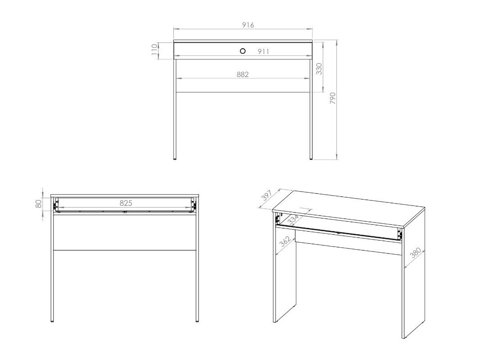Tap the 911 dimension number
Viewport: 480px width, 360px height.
[263, 52]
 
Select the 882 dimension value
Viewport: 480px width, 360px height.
[243, 74]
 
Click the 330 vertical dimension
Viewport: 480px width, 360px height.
[319, 68]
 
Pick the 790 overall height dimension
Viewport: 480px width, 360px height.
[333, 98]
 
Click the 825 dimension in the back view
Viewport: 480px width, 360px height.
[126, 203]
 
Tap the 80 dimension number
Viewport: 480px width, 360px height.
[39, 204]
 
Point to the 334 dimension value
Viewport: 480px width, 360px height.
[293, 219]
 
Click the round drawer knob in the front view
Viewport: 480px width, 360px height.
[243, 51]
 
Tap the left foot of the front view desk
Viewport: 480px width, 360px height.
[175, 158]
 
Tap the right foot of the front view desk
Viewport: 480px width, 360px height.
[311, 158]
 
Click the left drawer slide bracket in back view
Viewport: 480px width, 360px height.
[56, 205]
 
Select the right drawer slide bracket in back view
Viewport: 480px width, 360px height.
[194, 205]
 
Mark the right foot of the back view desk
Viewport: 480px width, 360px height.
[197, 320]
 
